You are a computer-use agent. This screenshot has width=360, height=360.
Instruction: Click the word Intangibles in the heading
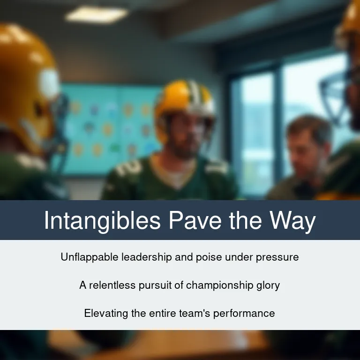(x=102, y=221)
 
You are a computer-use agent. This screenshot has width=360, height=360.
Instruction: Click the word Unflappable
(x=90, y=257)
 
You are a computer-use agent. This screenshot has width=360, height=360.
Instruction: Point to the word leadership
(x=146, y=257)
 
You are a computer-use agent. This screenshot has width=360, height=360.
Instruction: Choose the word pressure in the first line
(x=277, y=258)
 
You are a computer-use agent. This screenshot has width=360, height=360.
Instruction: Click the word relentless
(x=112, y=285)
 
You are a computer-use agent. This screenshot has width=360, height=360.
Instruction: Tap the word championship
(x=219, y=285)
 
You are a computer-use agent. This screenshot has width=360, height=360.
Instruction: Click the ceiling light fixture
(x=97, y=14)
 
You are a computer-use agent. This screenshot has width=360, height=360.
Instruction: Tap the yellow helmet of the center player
(x=184, y=101)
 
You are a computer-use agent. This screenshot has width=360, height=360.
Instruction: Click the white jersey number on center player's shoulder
(x=128, y=168)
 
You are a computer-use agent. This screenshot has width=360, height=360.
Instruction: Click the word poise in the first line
(x=209, y=258)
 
